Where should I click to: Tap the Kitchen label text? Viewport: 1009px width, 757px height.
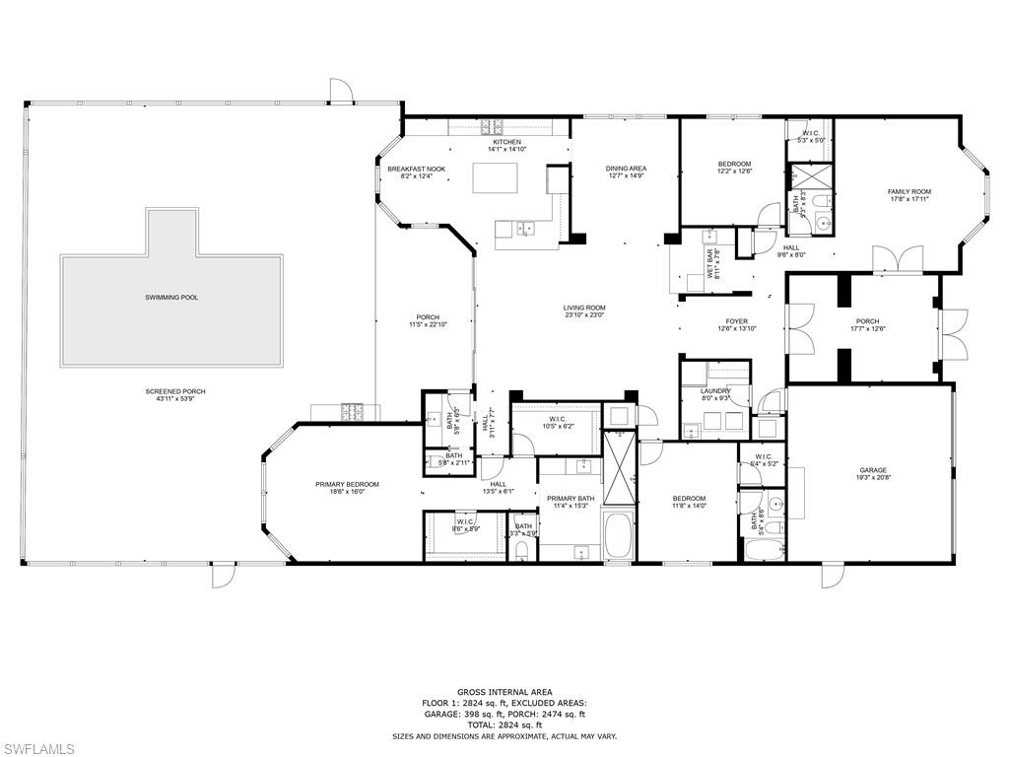point(506,142)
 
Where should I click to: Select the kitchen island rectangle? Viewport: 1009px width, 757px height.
point(495,177)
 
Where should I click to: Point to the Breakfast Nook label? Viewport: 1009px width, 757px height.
point(416,169)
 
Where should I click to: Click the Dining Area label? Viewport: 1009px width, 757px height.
point(626,169)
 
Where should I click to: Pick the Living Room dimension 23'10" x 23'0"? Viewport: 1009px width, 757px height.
point(583,315)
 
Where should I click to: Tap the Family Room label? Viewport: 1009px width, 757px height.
point(908,191)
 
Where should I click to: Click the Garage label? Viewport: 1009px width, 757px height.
point(872,470)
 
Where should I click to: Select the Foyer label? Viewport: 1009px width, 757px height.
point(736,321)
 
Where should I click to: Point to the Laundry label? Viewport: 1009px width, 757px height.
point(715,391)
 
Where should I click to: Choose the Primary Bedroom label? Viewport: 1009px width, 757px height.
point(347,484)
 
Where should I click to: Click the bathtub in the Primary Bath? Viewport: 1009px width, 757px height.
point(621,534)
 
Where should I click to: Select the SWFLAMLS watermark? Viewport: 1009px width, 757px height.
point(37,749)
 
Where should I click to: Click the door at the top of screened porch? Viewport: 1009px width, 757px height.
point(341,91)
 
